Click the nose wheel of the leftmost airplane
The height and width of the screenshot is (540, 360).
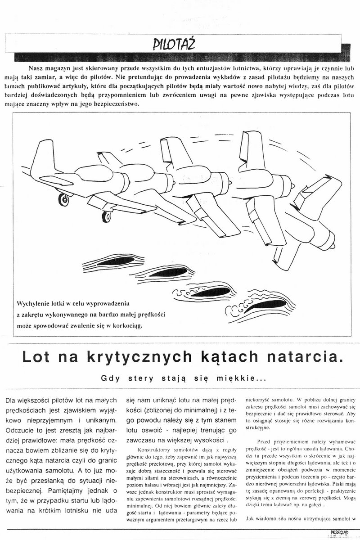click(65, 198)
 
